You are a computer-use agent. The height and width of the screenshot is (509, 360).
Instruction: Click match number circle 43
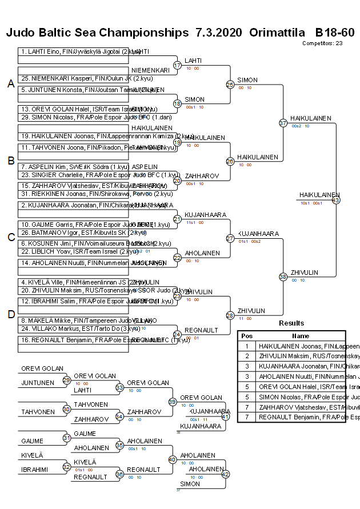point(335,200)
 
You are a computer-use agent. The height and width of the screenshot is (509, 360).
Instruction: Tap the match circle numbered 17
point(177,66)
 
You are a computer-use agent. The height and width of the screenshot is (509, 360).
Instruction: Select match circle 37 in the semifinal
point(283,123)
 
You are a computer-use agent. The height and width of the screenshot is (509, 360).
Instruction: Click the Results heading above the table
point(291,323)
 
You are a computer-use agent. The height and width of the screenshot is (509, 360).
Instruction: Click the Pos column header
point(247,336)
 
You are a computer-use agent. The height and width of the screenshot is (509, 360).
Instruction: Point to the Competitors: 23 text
point(322,43)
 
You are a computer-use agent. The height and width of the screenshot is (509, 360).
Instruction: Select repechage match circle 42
point(225,474)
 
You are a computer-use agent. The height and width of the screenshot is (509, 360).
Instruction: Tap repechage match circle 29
point(66,380)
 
